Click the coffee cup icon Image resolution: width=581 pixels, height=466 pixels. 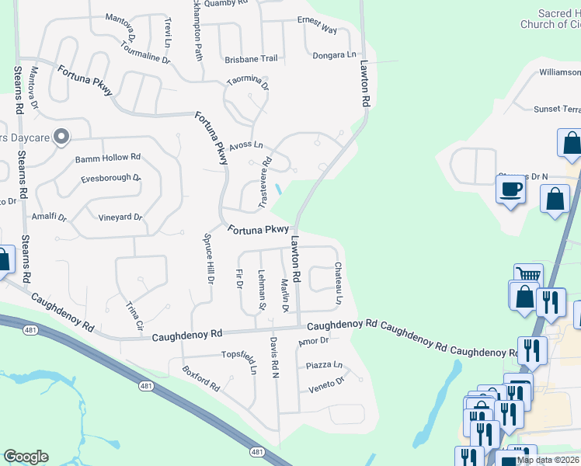[510, 190]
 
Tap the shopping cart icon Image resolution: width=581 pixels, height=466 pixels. [528, 274]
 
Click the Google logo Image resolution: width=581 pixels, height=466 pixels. [26, 457]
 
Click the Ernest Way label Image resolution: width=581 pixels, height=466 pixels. [317, 25]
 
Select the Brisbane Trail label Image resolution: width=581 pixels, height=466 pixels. [251, 59]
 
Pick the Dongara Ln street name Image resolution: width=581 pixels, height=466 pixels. [334, 55]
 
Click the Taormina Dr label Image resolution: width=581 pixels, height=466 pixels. [248, 82]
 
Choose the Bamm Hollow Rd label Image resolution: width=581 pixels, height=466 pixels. [108, 158]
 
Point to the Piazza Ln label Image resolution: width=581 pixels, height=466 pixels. [324, 364]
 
